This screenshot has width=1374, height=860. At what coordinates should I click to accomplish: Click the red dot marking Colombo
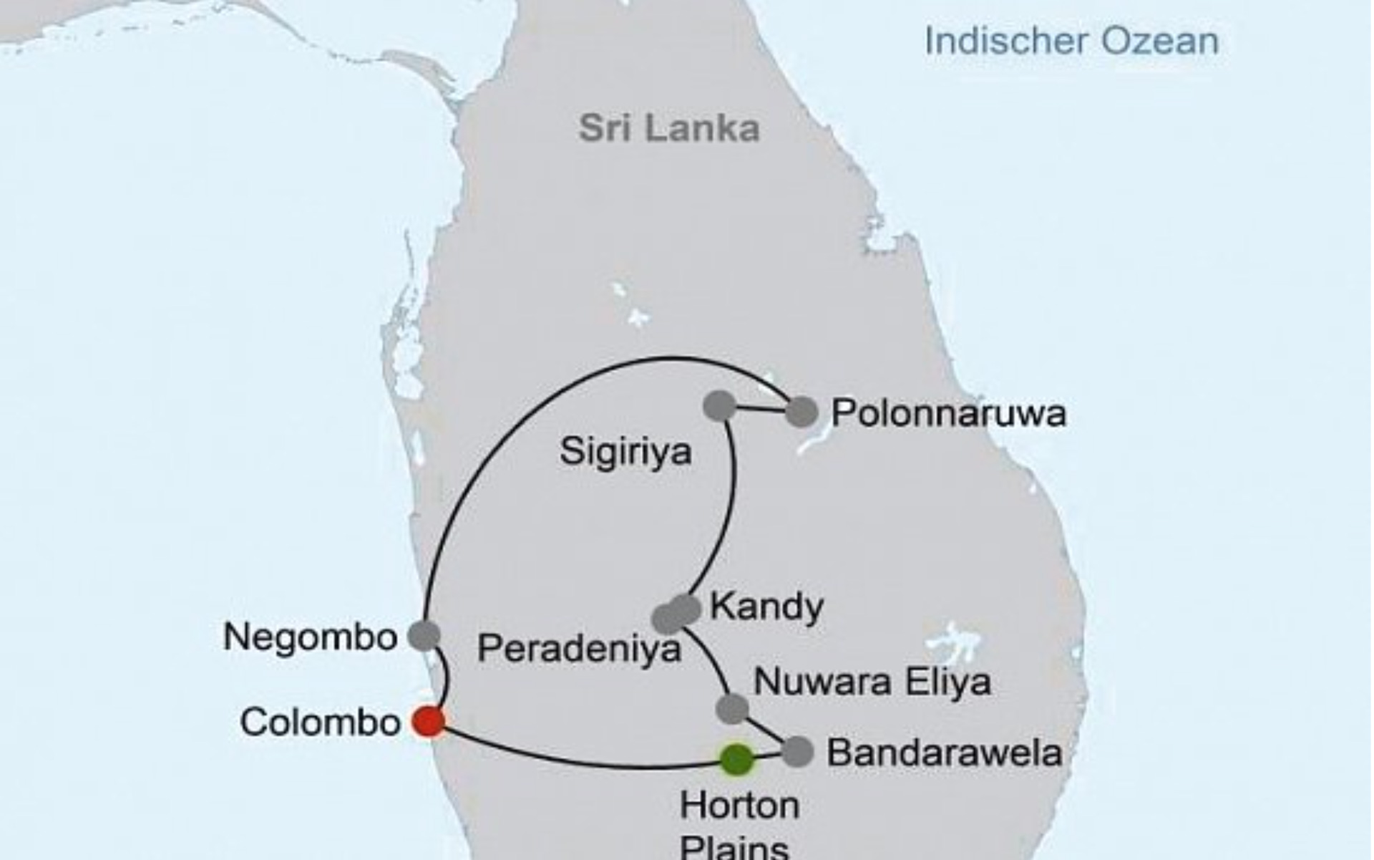pos(429,721)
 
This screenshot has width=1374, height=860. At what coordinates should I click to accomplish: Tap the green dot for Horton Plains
pos(736,759)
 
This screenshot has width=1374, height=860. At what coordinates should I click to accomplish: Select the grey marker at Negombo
pos(424,635)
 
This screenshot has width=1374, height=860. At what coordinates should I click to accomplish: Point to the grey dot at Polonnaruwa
pos(801,412)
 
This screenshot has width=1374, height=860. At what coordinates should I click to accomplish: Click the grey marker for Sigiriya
pos(720,405)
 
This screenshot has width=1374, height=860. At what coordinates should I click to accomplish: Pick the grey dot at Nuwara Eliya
pos(732,708)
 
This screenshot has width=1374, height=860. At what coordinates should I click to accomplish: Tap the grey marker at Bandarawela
pos(798,752)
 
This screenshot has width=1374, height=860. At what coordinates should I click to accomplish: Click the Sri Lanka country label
pos(669,129)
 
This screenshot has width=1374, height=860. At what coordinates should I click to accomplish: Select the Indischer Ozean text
pos(1071,42)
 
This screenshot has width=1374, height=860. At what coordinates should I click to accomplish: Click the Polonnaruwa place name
pos(948,414)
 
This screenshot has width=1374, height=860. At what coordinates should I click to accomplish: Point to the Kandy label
pos(766,607)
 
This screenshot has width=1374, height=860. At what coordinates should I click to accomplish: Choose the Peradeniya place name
pos(579,649)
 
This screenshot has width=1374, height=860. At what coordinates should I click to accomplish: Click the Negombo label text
pos(310,637)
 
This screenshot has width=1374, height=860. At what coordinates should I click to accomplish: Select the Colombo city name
pos(320,723)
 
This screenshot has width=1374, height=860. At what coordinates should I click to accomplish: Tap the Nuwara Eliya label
pos(872,682)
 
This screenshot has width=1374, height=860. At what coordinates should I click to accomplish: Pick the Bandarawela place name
pos(944,753)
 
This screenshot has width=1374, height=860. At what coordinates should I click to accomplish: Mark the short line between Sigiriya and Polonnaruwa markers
pos(761,410)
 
